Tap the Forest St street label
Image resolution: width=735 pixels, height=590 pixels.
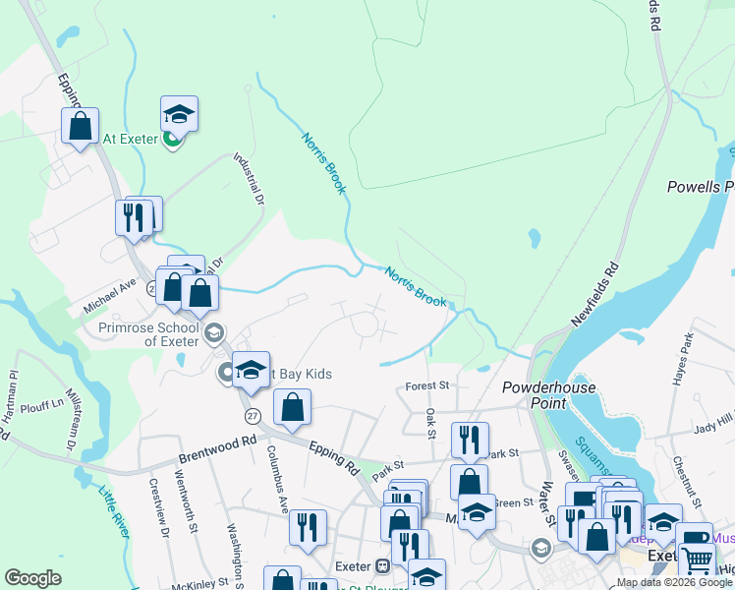[x=427, y=387]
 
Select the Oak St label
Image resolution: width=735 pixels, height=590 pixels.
[x=430, y=420]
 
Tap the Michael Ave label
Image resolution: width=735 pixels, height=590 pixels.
[x=109, y=296]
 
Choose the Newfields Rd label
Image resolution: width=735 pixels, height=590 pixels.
[x=596, y=294]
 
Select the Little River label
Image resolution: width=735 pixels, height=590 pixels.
[x=114, y=512]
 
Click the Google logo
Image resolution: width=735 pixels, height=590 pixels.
[x=32, y=578]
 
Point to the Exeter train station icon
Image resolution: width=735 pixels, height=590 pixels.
[x=383, y=566]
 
